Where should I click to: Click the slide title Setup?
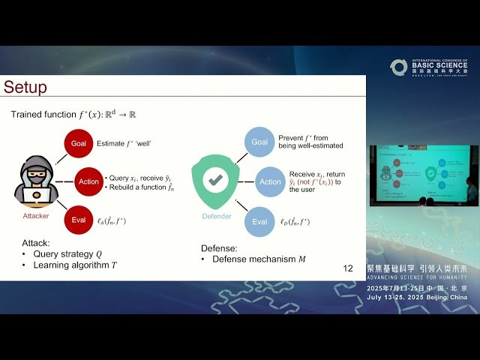[x=25, y=87]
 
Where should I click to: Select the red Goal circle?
[x=79, y=142]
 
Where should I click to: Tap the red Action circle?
[x=88, y=181]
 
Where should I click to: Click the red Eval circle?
[x=79, y=221]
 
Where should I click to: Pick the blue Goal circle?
[x=259, y=142]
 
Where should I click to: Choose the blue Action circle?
[x=270, y=181]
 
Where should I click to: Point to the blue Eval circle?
[x=259, y=221]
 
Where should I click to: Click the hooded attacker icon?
[x=36, y=181]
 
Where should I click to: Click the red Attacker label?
[x=36, y=215]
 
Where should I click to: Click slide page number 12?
[x=347, y=268]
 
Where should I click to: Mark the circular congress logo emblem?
[x=399, y=67]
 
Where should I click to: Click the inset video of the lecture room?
[x=423, y=175]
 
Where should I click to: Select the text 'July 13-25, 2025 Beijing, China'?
[x=416, y=297]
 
